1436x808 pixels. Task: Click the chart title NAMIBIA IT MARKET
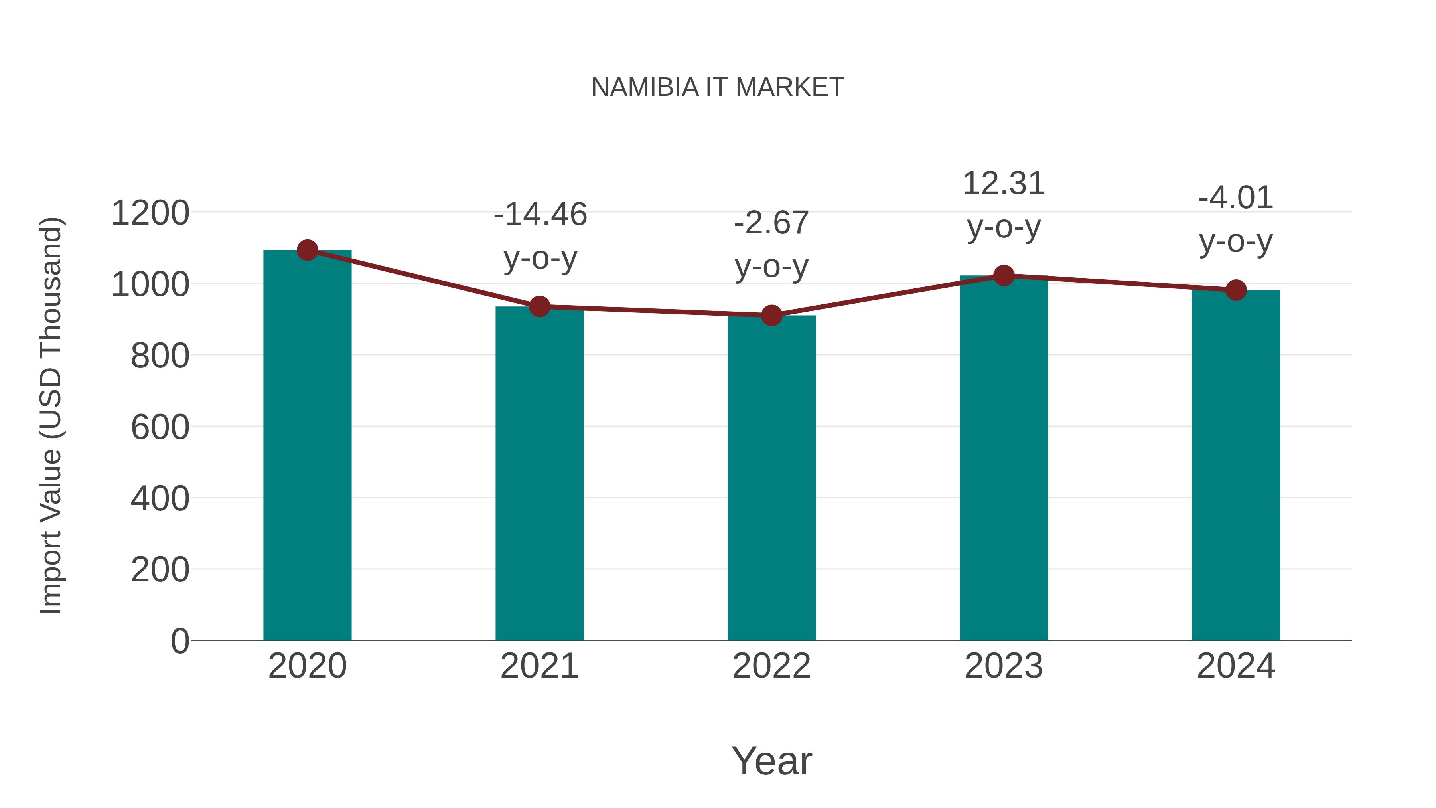point(718,87)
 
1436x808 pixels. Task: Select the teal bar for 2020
point(307,446)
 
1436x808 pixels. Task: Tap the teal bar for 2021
point(539,474)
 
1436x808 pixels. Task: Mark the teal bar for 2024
point(1236,466)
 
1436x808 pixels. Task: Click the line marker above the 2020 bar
point(307,250)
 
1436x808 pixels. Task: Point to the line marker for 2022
point(771,316)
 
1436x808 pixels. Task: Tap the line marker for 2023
point(1004,275)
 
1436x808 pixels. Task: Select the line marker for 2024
point(1236,290)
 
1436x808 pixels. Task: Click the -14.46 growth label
point(540,215)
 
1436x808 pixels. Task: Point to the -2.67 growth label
point(771,223)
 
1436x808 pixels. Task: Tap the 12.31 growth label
point(1004,184)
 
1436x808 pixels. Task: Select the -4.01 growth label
point(1236,198)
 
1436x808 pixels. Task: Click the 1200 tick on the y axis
point(150,213)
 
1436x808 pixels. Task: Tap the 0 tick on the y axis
point(179,641)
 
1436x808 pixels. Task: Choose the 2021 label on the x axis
point(539,666)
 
